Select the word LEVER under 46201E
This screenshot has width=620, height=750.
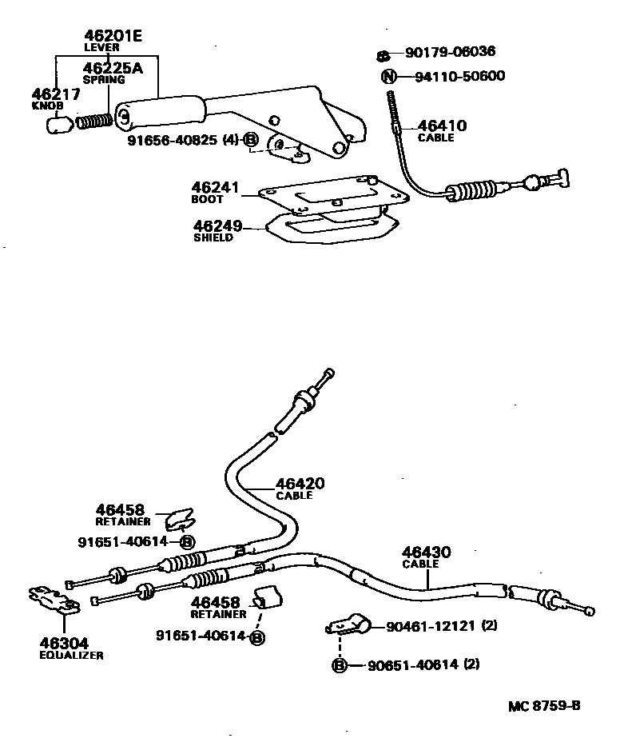click(101, 48)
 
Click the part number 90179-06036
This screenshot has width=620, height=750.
click(450, 52)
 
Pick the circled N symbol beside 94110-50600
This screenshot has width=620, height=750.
click(388, 77)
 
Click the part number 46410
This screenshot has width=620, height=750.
click(442, 126)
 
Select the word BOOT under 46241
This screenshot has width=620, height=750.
click(207, 200)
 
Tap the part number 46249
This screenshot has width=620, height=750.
click(217, 227)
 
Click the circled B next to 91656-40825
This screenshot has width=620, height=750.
click(251, 142)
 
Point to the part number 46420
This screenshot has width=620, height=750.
click(300, 484)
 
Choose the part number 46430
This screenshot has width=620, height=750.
click(426, 552)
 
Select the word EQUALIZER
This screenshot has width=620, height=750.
click(71, 655)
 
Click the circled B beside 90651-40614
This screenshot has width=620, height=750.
click(339, 664)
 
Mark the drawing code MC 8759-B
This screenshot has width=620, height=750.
click(543, 706)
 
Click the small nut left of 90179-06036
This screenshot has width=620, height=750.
click(383, 55)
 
